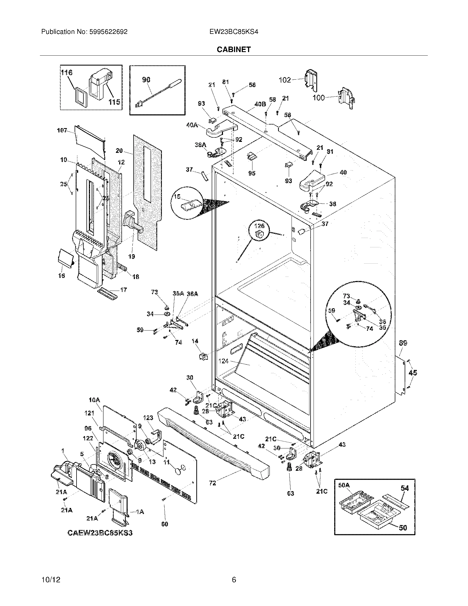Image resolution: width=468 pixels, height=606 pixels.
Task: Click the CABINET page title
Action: [x=234, y=49]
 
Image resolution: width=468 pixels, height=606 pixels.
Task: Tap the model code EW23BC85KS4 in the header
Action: [x=234, y=32]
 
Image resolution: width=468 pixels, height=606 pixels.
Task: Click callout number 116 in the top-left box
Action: [x=67, y=73]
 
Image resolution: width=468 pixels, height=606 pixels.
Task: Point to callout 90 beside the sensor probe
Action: [x=146, y=80]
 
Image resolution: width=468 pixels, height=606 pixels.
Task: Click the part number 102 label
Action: [x=285, y=80]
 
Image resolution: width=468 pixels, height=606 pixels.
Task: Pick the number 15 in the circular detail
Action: [x=177, y=197]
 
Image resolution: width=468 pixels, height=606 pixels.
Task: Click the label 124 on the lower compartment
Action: [x=224, y=361]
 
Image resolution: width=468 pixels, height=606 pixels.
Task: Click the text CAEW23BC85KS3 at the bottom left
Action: [x=100, y=533]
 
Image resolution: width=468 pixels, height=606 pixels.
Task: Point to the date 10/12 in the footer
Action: [x=51, y=579]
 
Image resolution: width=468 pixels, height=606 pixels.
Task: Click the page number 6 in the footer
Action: [x=234, y=579]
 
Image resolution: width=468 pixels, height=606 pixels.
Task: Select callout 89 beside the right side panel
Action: [x=403, y=343]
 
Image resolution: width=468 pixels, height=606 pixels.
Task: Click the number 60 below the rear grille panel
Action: [x=165, y=524]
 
